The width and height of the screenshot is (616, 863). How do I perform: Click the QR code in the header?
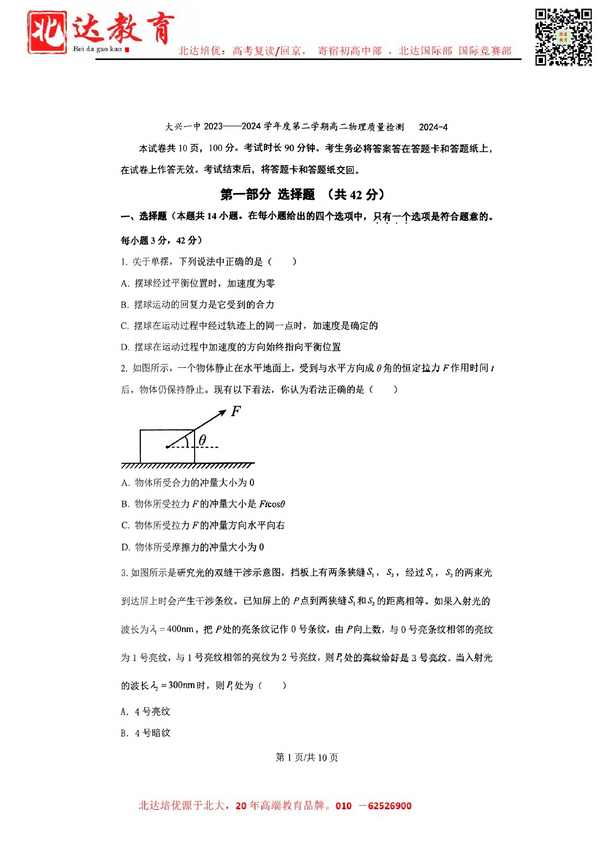pos(563,37)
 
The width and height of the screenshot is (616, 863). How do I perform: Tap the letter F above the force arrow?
pos(236,411)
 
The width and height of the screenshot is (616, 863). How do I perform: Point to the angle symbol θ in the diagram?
pos(202,440)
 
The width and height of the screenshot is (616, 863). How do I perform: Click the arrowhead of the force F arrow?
pos(222,412)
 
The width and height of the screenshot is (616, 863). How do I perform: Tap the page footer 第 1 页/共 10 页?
pos(307,757)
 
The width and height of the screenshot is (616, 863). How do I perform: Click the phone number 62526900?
pos(389,806)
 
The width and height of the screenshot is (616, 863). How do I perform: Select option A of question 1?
pos(198,283)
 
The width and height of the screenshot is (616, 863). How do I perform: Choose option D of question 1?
pos(231,347)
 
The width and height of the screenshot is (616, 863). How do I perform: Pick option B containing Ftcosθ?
pos(203,504)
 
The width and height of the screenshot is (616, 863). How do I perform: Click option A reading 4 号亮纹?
pos(146,712)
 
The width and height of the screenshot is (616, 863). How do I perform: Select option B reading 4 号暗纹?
pos(146,733)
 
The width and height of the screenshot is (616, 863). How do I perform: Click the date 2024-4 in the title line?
pos(433,127)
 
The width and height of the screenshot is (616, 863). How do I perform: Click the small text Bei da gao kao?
pos(98,49)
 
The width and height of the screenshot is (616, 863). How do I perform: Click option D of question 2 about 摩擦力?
pos(192,547)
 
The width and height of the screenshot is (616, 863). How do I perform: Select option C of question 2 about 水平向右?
pos(203,525)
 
